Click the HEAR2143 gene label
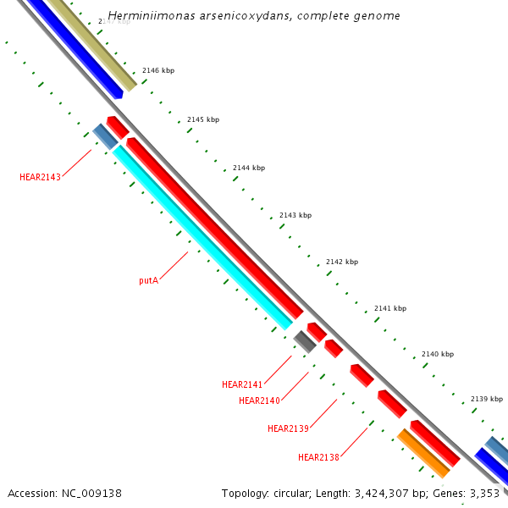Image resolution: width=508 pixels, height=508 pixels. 40,177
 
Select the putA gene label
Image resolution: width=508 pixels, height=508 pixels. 148,279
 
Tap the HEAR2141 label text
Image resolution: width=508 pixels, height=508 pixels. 242,384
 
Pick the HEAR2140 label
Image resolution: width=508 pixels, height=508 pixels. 259,400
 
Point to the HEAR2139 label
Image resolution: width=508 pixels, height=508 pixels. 288,428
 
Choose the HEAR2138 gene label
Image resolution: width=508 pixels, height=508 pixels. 318,457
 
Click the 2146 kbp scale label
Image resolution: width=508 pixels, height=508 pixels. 158,71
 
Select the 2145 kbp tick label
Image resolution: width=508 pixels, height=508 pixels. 203,119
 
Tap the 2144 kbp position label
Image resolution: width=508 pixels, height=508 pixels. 249,168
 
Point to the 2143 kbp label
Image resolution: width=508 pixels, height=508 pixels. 295,215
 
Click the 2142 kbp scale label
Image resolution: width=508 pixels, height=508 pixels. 342,262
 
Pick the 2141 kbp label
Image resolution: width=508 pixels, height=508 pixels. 390,308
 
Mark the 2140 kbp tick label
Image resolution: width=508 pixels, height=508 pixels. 438,354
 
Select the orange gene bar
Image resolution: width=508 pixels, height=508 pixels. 423,453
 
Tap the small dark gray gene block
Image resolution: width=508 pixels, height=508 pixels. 305,341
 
